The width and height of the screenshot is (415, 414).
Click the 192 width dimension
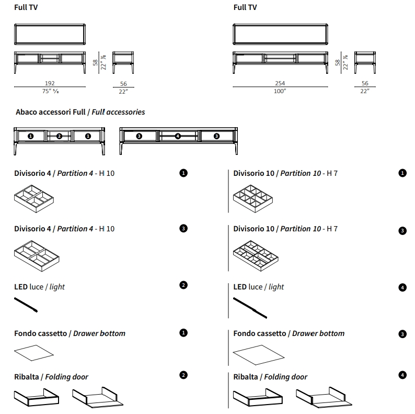coord(50,83)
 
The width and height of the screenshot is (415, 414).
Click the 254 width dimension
coord(280,83)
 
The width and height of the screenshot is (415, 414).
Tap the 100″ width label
coord(280,91)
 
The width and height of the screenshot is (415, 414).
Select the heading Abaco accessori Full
coord(51,112)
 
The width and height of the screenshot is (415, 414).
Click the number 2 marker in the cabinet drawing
coord(59,136)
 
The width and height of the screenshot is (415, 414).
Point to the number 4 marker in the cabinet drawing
coord(178,136)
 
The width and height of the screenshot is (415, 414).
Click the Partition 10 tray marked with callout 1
coord(253,199)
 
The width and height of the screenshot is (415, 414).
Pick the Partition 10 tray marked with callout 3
coord(256,256)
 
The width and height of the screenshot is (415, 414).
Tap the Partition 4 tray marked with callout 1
coord(34,199)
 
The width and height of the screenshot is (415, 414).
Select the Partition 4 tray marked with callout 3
coord(37,256)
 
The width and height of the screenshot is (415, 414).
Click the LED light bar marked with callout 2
coord(26,305)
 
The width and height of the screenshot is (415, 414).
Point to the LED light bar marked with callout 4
coord(250,308)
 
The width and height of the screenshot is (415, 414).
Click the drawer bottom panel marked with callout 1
coord(34,353)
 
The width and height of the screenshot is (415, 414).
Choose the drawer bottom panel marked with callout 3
coord(259,355)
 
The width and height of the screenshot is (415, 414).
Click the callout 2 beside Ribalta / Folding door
coord(183,375)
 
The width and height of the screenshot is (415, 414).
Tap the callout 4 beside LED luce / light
coord(402,287)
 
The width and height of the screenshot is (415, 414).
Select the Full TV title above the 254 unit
coord(245,7)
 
